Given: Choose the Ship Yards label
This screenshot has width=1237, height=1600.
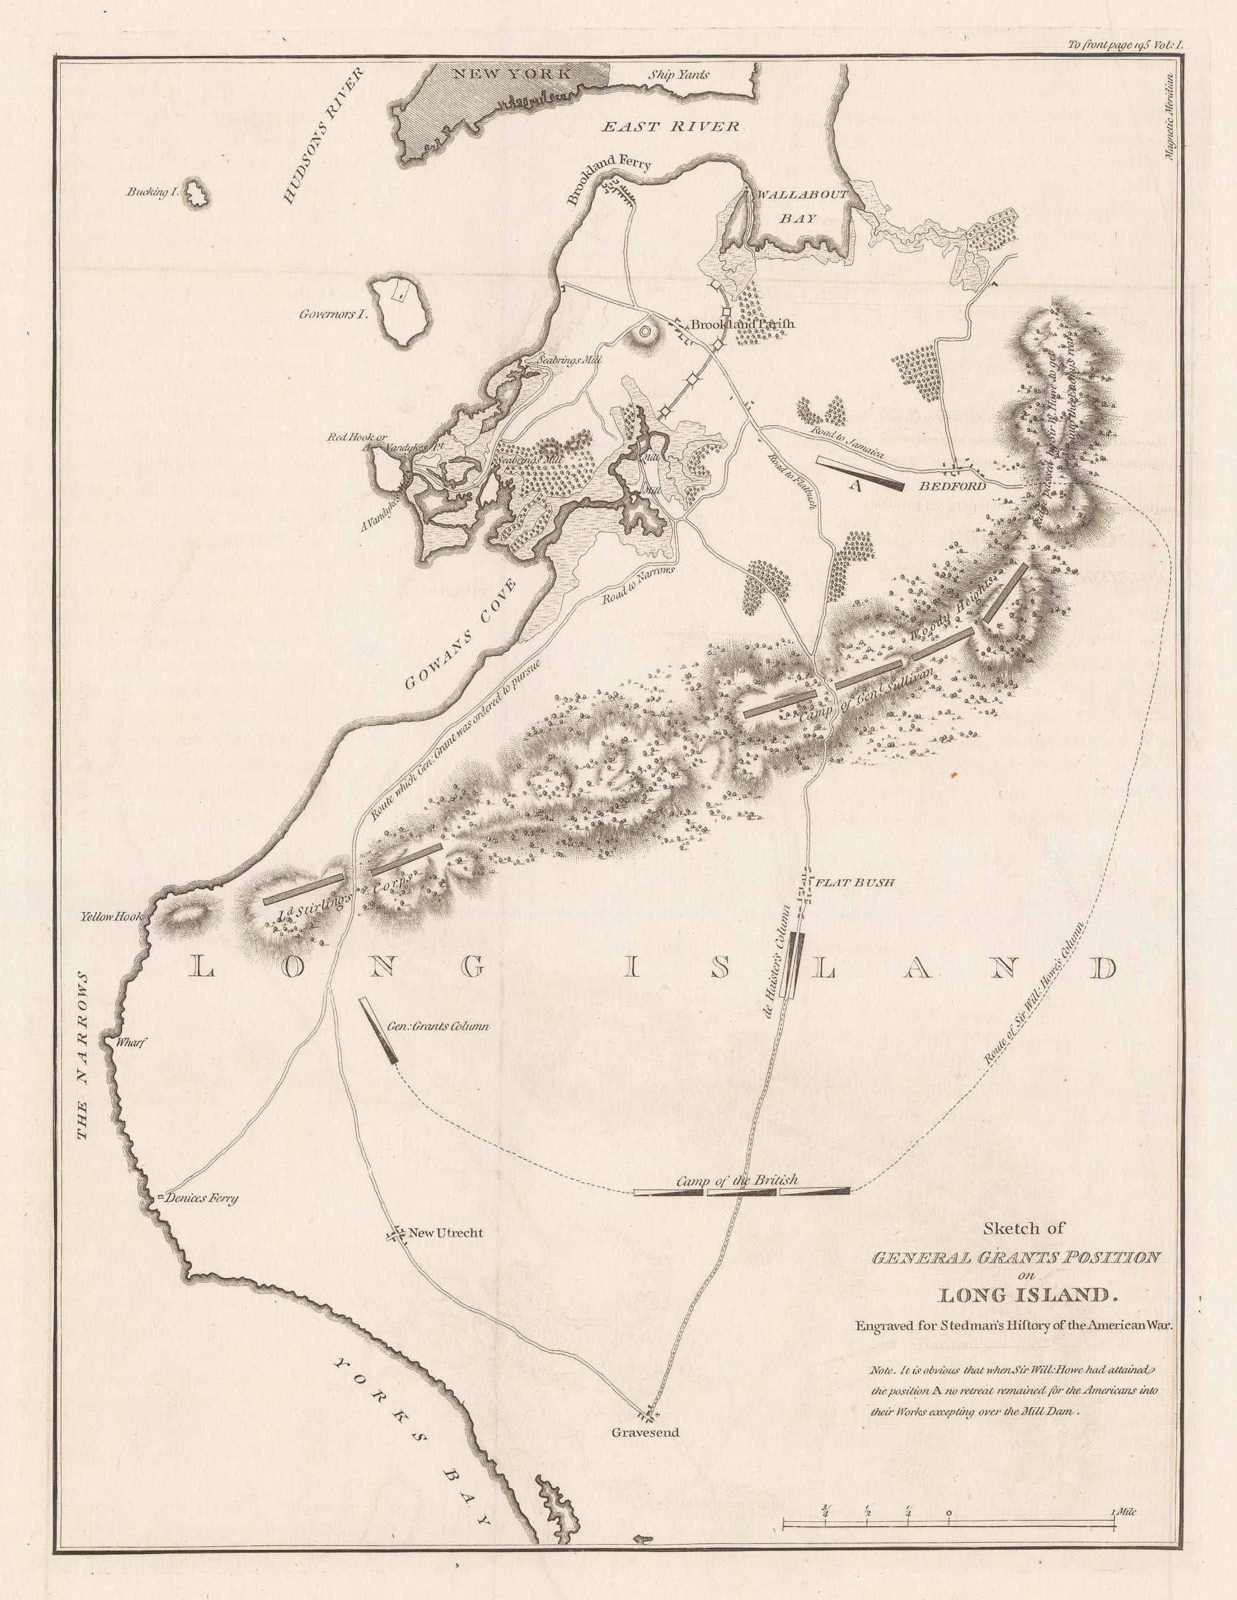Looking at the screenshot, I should coord(679,75).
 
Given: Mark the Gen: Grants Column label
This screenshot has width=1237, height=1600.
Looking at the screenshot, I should coord(437,1027).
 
